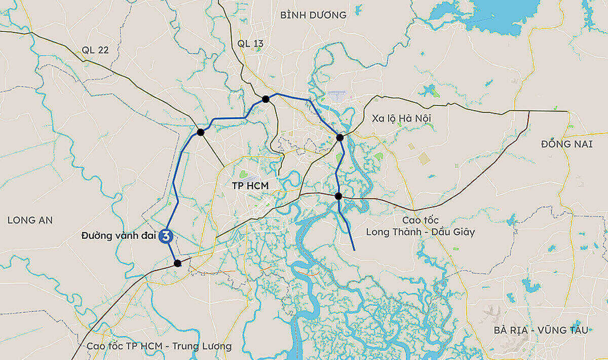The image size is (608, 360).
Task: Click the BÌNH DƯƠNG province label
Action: tap(313, 15)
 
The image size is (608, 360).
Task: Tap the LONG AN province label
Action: tap(30, 220)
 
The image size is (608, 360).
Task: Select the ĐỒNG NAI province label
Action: tap(566, 144)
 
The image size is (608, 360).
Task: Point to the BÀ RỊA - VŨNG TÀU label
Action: tap(541, 330)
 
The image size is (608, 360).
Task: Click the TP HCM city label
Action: tap(250, 186)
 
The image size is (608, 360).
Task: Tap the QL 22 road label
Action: tap(95, 50)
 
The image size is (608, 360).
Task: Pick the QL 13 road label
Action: tap(250, 44)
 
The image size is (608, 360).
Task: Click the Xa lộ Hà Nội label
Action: tap(401, 118)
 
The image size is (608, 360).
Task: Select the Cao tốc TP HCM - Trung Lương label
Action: tap(159, 346)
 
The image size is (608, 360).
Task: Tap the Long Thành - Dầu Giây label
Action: tap(421, 232)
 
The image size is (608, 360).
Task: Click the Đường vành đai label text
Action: tap(119, 236)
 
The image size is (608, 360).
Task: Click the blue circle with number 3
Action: tap(166, 236)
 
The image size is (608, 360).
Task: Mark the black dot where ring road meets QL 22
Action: tap(200, 132)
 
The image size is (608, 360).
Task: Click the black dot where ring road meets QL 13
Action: tap(265, 99)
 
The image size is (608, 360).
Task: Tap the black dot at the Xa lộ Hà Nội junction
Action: tap(340, 137)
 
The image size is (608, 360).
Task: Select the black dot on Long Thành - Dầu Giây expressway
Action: tap(338, 196)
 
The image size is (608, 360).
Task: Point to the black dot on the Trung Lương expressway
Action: tap(177, 263)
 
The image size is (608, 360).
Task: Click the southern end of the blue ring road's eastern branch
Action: tap(354, 249)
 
